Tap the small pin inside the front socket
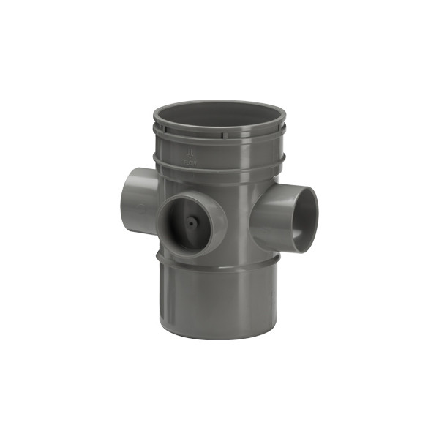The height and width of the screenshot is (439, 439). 192,220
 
